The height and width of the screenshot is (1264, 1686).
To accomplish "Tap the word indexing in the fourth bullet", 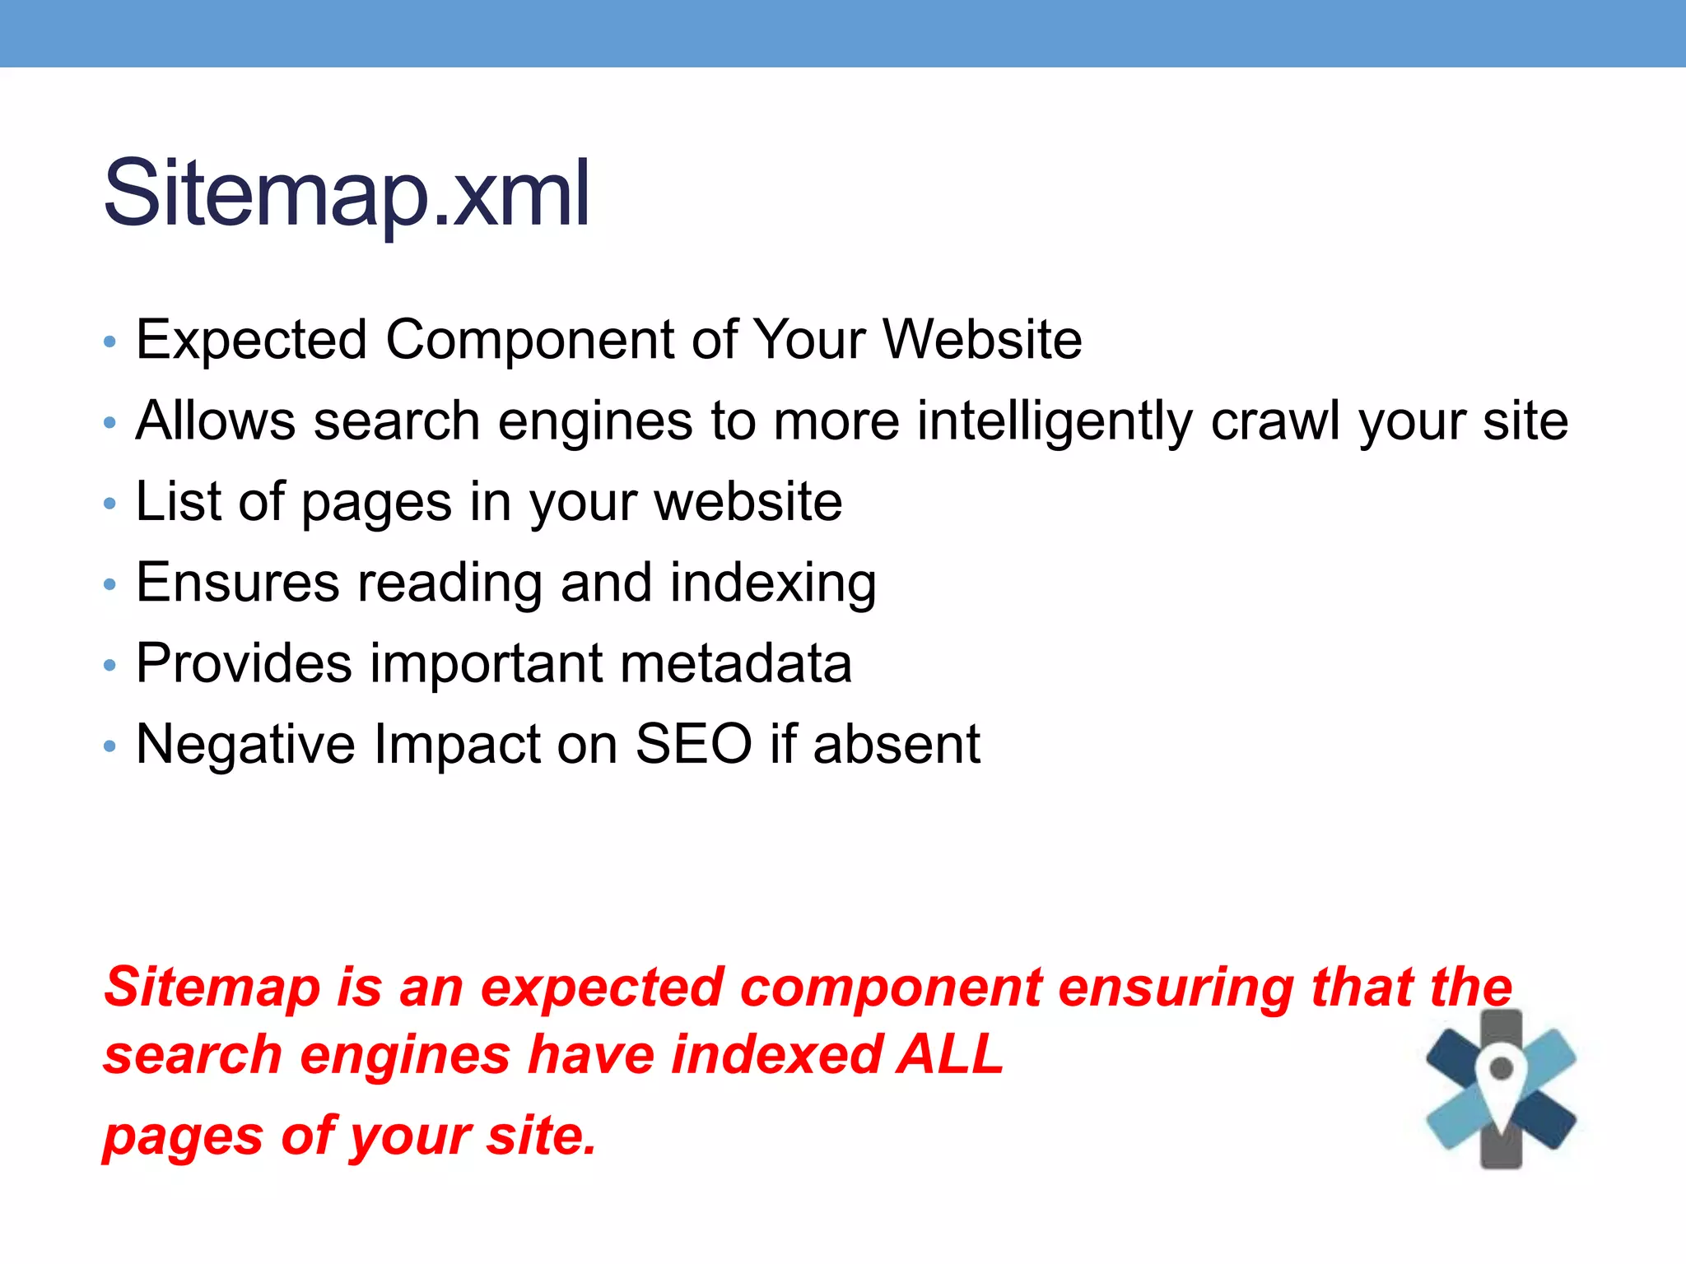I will [x=773, y=583].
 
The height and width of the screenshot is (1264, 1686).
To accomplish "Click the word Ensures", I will [x=237, y=583].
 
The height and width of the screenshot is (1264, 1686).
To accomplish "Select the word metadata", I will [x=736, y=663].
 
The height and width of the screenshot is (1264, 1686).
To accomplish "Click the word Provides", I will [x=244, y=663].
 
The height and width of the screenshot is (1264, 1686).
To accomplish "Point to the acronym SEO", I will [x=693, y=744].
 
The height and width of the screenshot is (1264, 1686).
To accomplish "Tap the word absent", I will [x=897, y=744].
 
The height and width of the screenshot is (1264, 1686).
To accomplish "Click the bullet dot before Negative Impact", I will [x=110, y=746].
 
